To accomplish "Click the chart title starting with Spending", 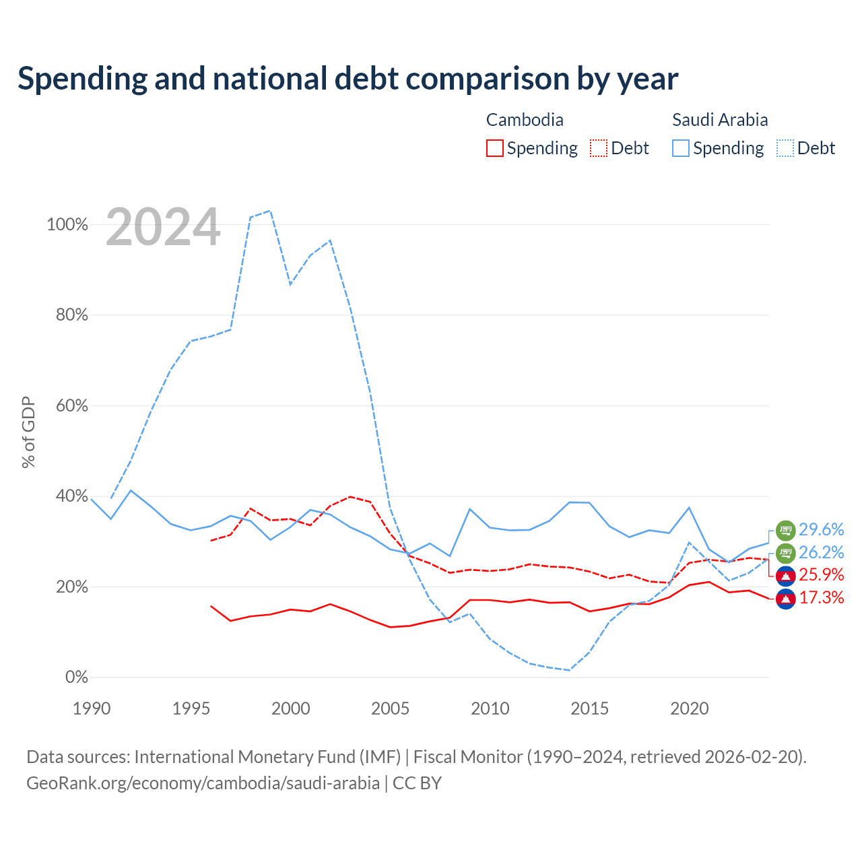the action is (347, 79).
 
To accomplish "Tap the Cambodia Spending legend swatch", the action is (494, 148).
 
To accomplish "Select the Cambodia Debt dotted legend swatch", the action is (598, 148).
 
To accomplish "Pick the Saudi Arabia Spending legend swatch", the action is (680, 148).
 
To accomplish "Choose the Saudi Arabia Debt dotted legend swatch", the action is (785, 148).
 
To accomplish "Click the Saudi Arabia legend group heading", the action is (720, 120).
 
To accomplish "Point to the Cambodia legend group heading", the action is (524, 120).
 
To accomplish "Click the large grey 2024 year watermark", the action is (163, 226).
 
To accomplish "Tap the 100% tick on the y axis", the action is (67, 224).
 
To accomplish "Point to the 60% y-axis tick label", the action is (71, 405).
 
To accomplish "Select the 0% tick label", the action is (77, 677).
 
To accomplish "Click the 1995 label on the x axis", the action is (191, 708).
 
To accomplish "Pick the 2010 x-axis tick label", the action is (490, 708).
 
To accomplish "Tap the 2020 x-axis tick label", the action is (690, 708).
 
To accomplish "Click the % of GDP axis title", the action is (28, 432).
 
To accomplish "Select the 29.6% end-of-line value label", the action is (822, 529).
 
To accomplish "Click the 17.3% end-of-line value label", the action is (822, 597).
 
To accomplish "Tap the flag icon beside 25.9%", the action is (785, 576).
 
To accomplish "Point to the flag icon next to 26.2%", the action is (785, 554).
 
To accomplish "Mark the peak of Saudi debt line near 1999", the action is (270, 211).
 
